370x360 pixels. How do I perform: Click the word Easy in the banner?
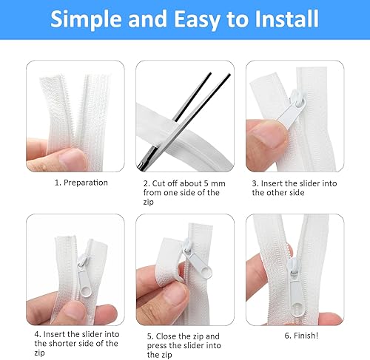coord(198,20)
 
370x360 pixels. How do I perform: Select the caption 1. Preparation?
coord(81,183)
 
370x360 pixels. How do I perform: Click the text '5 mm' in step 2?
coord(215,183)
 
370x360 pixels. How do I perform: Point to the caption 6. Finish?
coord(301,336)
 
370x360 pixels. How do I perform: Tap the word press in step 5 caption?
coord(157,346)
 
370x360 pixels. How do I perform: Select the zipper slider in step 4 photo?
coord(84,276)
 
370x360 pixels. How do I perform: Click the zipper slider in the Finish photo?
coord(295,288)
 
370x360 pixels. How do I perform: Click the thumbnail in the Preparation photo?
coord(72,160)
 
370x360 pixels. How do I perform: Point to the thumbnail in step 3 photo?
coord(269,135)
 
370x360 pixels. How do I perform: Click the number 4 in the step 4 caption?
coord(37,334)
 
